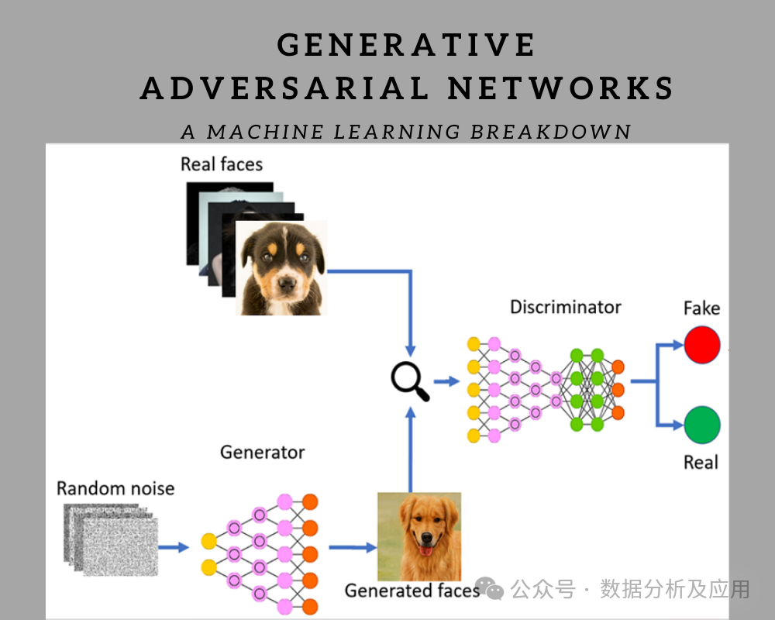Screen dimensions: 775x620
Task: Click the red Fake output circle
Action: point(702,345)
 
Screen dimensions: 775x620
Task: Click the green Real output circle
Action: point(702,425)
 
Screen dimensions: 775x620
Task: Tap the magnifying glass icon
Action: point(409,381)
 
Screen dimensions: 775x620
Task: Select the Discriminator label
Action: point(566,307)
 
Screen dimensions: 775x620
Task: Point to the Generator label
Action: point(263,453)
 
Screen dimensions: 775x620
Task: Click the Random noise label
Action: point(115,488)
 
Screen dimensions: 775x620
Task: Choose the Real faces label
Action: point(222,164)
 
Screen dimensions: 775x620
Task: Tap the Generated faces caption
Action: point(412,591)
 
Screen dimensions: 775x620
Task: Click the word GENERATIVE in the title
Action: point(406,45)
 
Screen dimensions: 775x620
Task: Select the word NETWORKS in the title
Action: point(560,88)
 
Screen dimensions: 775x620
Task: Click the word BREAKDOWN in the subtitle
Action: point(550,132)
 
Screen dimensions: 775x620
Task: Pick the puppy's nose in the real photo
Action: point(286,284)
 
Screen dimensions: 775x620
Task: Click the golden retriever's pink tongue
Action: point(425,550)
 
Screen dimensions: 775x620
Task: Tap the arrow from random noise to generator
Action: point(174,547)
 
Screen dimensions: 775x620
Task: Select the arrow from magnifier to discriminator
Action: point(447,381)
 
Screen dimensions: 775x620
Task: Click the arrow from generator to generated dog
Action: point(353,547)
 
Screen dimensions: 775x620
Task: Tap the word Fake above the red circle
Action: point(702,308)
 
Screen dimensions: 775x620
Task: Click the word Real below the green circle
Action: point(701,463)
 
